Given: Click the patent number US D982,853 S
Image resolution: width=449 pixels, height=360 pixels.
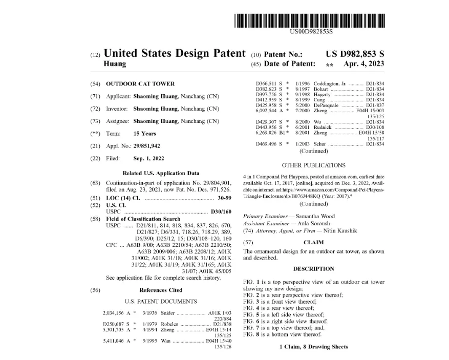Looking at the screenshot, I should coord(355,54).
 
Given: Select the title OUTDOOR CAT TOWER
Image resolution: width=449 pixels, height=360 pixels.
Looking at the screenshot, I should coord(140,83).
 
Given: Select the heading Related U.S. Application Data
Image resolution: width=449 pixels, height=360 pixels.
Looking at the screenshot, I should coord(161,173).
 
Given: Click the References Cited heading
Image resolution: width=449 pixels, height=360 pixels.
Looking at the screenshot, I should coord(161,290).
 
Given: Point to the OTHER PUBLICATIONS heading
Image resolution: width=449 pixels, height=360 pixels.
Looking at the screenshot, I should coord(313,165).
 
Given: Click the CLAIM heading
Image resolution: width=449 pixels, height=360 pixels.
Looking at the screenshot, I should coord(313,242).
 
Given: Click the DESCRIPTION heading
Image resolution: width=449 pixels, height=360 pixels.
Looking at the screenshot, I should coord(313,269).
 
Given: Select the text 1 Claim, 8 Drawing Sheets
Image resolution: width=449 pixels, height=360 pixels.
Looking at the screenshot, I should coord(313,347).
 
